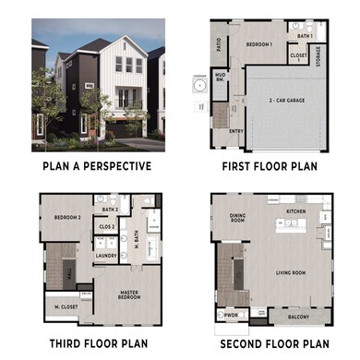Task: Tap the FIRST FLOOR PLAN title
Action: pos(269,167)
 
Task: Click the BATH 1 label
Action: pos(306,36)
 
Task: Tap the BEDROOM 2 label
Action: pos(67,217)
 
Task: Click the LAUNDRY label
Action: pos(105,256)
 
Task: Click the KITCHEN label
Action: pos(295,211)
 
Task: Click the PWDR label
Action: pos(232,314)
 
